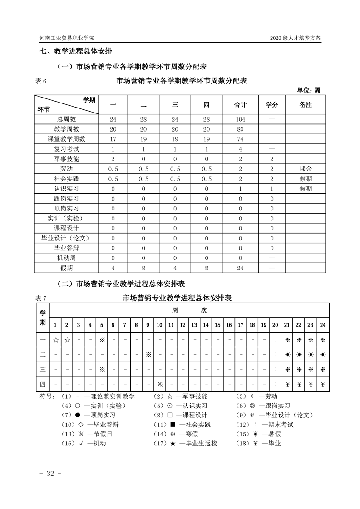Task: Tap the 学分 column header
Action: pyautogui.click(x=271, y=105)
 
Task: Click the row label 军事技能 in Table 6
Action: pyautogui.click(x=66, y=159)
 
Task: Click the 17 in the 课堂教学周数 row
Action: pyautogui.click(x=114, y=139)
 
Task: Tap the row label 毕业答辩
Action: pyautogui.click(x=66, y=248)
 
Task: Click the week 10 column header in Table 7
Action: pyautogui.click(x=160, y=325)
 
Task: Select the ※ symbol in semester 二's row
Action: pyautogui.click(x=148, y=354)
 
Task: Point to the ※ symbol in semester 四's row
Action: pyautogui.click(x=160, y=384)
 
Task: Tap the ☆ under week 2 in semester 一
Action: pyautogui.click(x=67, y=339)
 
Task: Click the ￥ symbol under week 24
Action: pyautogui.click(x=323, y=384)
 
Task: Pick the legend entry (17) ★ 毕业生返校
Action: pyautogui.click(x=186, y=443)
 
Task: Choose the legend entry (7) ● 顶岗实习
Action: pyautogui.click(x=89, y=415)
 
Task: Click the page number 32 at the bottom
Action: pyautogui.click(x=47, y=474)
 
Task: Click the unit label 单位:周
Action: pyautogui.click(x=309, y=90)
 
